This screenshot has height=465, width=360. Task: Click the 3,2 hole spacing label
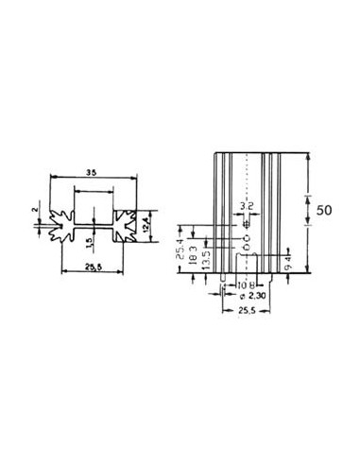246,205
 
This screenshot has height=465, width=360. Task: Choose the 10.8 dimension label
243,284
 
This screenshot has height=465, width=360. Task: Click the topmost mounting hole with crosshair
246,225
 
